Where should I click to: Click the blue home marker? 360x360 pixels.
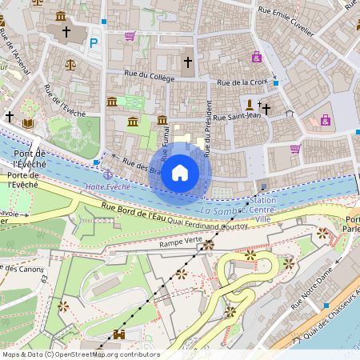click(x=180, y=172)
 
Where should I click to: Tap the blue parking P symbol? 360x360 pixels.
click(x=94, y=42)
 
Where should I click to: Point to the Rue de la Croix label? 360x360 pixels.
click(x=242, y=82)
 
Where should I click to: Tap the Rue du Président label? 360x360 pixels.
click(x=208, y=128)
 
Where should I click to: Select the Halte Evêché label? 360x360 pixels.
click(x=107, y=186)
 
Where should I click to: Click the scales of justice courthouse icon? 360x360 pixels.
click(x=70, y=63)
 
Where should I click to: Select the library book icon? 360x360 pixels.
click(x=29, y=123)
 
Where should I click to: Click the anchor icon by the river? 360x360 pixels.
click(x=107, y=174)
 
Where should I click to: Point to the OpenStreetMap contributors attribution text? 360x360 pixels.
click(x=80, y=354)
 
